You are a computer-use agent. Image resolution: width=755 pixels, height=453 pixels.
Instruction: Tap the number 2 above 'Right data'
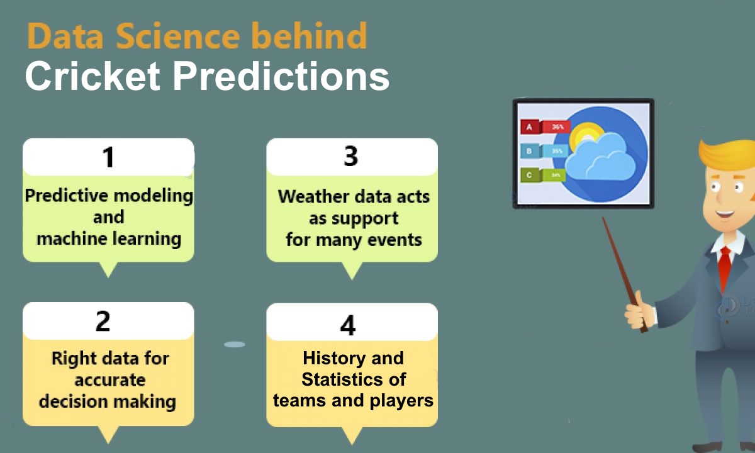pos(103,320)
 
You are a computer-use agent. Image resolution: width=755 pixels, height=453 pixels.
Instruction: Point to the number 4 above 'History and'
pos(347,325)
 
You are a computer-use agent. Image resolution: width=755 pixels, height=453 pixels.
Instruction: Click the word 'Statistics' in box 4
pos(354,379)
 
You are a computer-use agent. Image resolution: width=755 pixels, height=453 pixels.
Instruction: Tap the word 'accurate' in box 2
pos(110,380)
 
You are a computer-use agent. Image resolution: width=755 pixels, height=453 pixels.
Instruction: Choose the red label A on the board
pos(530,127)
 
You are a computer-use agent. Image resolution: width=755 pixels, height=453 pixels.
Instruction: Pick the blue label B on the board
pos(530,151)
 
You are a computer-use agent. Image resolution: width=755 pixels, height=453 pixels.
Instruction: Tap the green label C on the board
pos(530,176)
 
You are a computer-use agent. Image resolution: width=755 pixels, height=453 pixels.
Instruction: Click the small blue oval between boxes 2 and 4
pos(235,344)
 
